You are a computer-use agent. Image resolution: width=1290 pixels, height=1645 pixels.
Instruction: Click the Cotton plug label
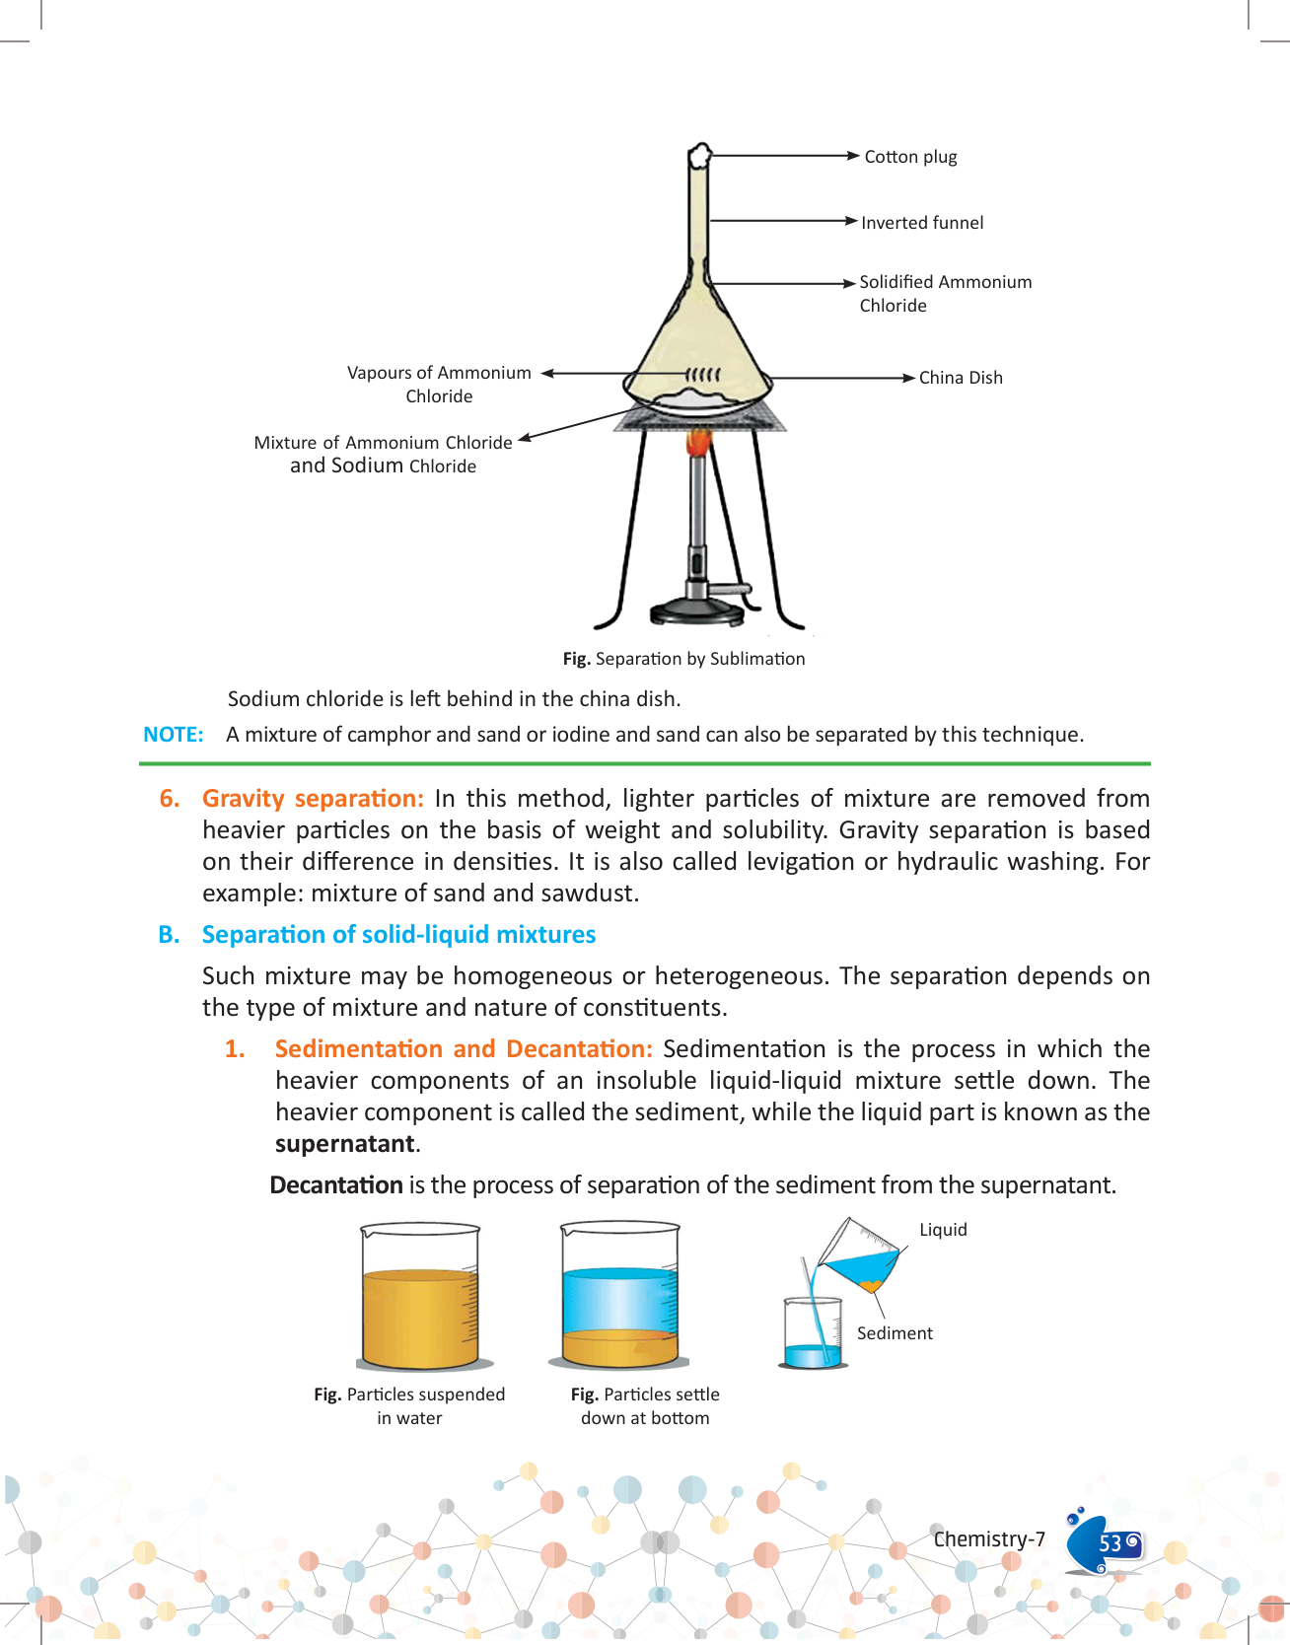coord(910,157)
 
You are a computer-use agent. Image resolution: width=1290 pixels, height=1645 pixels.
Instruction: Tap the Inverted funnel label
coord(921,223)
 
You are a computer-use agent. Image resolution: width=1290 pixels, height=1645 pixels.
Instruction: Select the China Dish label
coord(960,378)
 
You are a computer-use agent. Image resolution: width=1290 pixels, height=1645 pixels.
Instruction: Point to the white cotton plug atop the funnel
coord(699,155)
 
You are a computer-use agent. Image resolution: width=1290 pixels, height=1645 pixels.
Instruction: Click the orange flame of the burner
coord(698,443)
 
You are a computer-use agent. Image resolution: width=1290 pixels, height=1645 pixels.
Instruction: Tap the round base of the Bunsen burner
coord(697,613)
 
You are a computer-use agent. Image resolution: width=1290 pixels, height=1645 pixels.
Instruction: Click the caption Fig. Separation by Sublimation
coord(683,659)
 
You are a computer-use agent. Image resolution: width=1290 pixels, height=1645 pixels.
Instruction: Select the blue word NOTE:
coord(174,735)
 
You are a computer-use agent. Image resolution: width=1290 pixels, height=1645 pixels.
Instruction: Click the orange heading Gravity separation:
coord(313,799)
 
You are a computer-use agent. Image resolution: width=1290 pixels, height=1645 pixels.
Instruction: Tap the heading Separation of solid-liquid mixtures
coord(398,935)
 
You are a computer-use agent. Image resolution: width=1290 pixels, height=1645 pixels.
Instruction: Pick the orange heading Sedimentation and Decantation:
coord(464,1049)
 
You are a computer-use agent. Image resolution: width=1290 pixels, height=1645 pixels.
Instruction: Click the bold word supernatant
coord(344,1144)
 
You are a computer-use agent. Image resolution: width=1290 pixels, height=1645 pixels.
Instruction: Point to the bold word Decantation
coord(336,1185)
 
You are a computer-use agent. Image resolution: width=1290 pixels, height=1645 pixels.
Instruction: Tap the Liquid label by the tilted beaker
coord(943,1230)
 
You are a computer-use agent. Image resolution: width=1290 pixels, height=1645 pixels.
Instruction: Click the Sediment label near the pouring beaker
coord(895,1333)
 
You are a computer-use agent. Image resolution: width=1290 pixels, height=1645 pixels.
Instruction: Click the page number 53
coord(1111,1543)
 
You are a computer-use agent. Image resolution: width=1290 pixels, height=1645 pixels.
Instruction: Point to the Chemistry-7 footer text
coord(989,1539)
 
